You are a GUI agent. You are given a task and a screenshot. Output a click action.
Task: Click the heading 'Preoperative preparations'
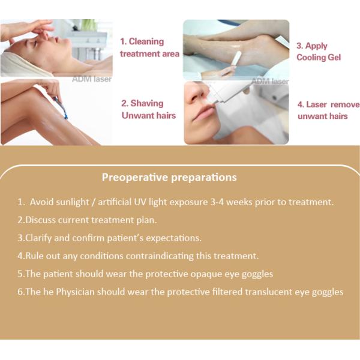[x=169, y=177]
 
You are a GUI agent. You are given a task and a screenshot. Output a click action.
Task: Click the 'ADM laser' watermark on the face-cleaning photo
[x=92, y=79]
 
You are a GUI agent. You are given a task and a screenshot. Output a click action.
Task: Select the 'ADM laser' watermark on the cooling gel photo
[x=270, y=81]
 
